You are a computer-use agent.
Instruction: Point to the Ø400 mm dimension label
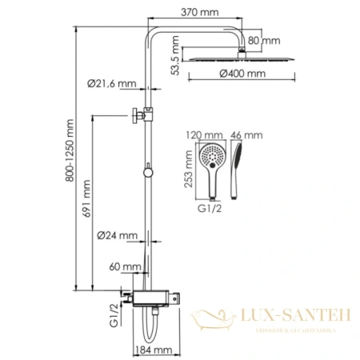242,74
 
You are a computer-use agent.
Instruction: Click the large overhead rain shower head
242,57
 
